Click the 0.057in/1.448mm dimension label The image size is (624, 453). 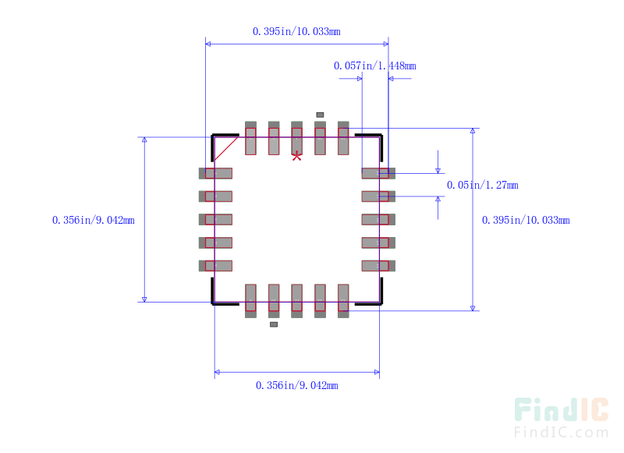(375, 65)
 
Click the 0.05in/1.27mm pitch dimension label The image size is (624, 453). (482, 185)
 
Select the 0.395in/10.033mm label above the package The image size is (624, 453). (296, 31)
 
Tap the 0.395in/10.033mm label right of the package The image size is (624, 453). (526, 220)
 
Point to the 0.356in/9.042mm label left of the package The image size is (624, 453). (94, 220)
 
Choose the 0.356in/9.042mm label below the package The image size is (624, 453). (297, 385)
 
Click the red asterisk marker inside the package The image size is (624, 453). (296, 156)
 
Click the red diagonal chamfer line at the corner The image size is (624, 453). (226, 149)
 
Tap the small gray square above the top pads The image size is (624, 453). (320, 115)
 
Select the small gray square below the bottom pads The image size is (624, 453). (274, 324)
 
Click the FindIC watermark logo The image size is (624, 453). (561, 409)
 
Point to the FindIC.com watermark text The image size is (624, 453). (561, 432)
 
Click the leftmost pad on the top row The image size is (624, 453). (250, 138)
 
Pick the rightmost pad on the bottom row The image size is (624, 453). (343, 301)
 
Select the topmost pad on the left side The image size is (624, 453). (215, 173)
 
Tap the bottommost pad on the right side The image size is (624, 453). (378, 266)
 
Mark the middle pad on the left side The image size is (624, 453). (215, 220)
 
